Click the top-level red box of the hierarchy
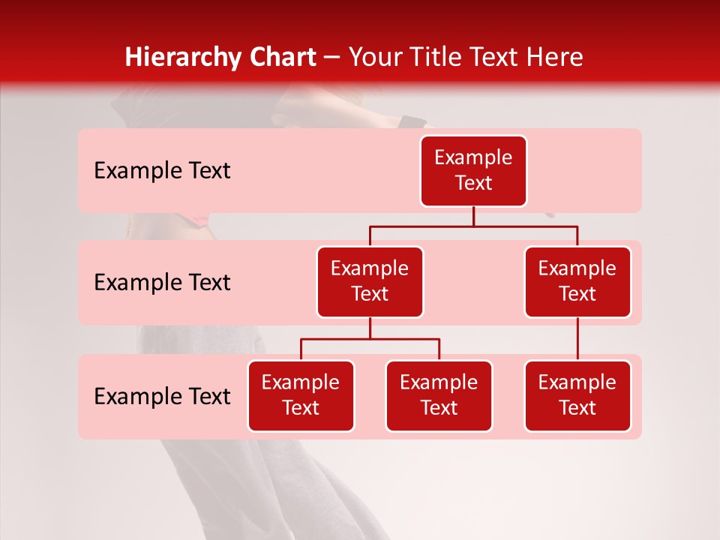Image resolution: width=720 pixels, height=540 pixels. coord(473,171)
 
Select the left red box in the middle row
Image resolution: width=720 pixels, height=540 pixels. coord(370,282)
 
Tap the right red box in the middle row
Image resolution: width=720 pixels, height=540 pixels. coord(577,282)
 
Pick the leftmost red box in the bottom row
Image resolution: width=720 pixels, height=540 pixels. coord(301,396)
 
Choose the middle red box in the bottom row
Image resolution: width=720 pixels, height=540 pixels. coord(439,396)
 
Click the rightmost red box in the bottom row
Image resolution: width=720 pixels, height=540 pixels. coord(577,396)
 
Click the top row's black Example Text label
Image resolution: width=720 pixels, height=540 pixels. coord(162,171)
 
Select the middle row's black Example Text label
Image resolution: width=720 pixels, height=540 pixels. coord(162,283)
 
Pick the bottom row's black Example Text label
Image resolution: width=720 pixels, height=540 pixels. coord(162,397)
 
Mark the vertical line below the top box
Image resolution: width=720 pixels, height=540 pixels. coord(473,216)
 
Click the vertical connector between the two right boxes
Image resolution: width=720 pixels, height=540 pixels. coord(577,339)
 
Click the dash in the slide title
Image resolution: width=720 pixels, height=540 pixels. coord(332,58)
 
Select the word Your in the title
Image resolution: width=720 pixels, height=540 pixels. coord(373,58)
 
